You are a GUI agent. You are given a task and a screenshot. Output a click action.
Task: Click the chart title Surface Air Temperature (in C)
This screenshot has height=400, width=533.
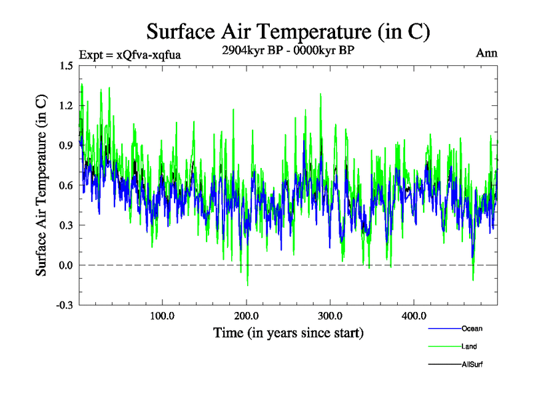pyautogui.click(x=288, y=31)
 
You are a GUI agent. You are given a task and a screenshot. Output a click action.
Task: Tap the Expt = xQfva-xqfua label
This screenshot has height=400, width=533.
pyautogui.click(x=129, y=55)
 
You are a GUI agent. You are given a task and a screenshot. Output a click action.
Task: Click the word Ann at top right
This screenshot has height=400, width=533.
pyautogui.click(x=486, y=53)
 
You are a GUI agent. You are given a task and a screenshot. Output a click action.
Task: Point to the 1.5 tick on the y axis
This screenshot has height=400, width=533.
pyautogui.click(x=66, y=65)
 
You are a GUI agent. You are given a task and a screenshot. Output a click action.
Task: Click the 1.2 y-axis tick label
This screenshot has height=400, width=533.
pyautogui.click(x=66, y=105)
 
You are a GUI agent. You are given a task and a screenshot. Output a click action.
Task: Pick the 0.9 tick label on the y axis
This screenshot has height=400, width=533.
pyautogui.click(x=66, y=145)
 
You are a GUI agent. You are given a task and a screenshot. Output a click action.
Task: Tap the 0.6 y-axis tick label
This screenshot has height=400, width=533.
pyautogui.click(x=66, y=185)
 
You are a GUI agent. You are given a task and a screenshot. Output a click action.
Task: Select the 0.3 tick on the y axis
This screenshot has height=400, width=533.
pyautogui.click(x=66, y=225)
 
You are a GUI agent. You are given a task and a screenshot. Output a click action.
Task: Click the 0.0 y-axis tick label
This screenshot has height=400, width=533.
pyautogui.click(x=66, y=265)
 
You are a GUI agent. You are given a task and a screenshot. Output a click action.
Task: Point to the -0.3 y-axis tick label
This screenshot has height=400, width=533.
pyautogui.click(x=65, y=305)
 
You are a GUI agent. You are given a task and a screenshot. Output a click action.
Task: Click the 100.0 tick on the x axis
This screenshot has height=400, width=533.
pyautogui.click(x=162, y=315)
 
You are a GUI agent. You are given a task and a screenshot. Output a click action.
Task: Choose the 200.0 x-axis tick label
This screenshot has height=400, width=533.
pyautogui.click(x=246, y=315)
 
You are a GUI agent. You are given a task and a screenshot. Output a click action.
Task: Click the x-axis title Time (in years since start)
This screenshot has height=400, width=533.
pyautogui.click(x=288, y=332)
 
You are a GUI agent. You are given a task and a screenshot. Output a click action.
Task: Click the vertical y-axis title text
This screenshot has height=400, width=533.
pyautogui.click(x=41, y=185)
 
